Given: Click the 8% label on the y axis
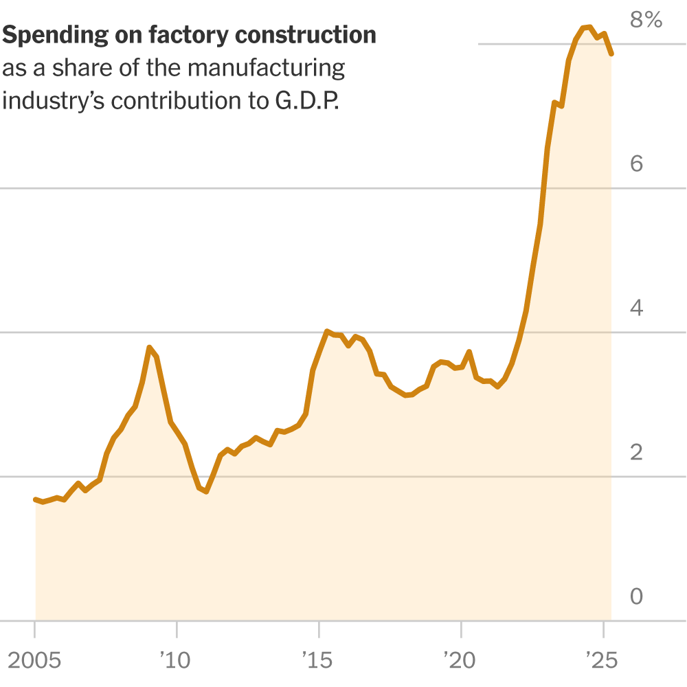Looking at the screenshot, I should click(x=646, y=20).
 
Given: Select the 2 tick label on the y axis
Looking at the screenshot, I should click(x=636, y=452).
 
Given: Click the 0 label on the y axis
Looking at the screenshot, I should click(x=636, y=596).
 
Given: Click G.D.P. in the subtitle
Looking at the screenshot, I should click(x=307, y=100).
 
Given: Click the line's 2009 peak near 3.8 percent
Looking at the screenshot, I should click(x=149, y=348).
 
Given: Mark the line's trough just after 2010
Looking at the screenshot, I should click(x=205, y=491).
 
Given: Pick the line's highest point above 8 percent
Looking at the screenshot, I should click(x=589, y=27).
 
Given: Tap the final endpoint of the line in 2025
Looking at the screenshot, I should click(x=611, y=54).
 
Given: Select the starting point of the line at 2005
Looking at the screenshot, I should click(x=36, y=499).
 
